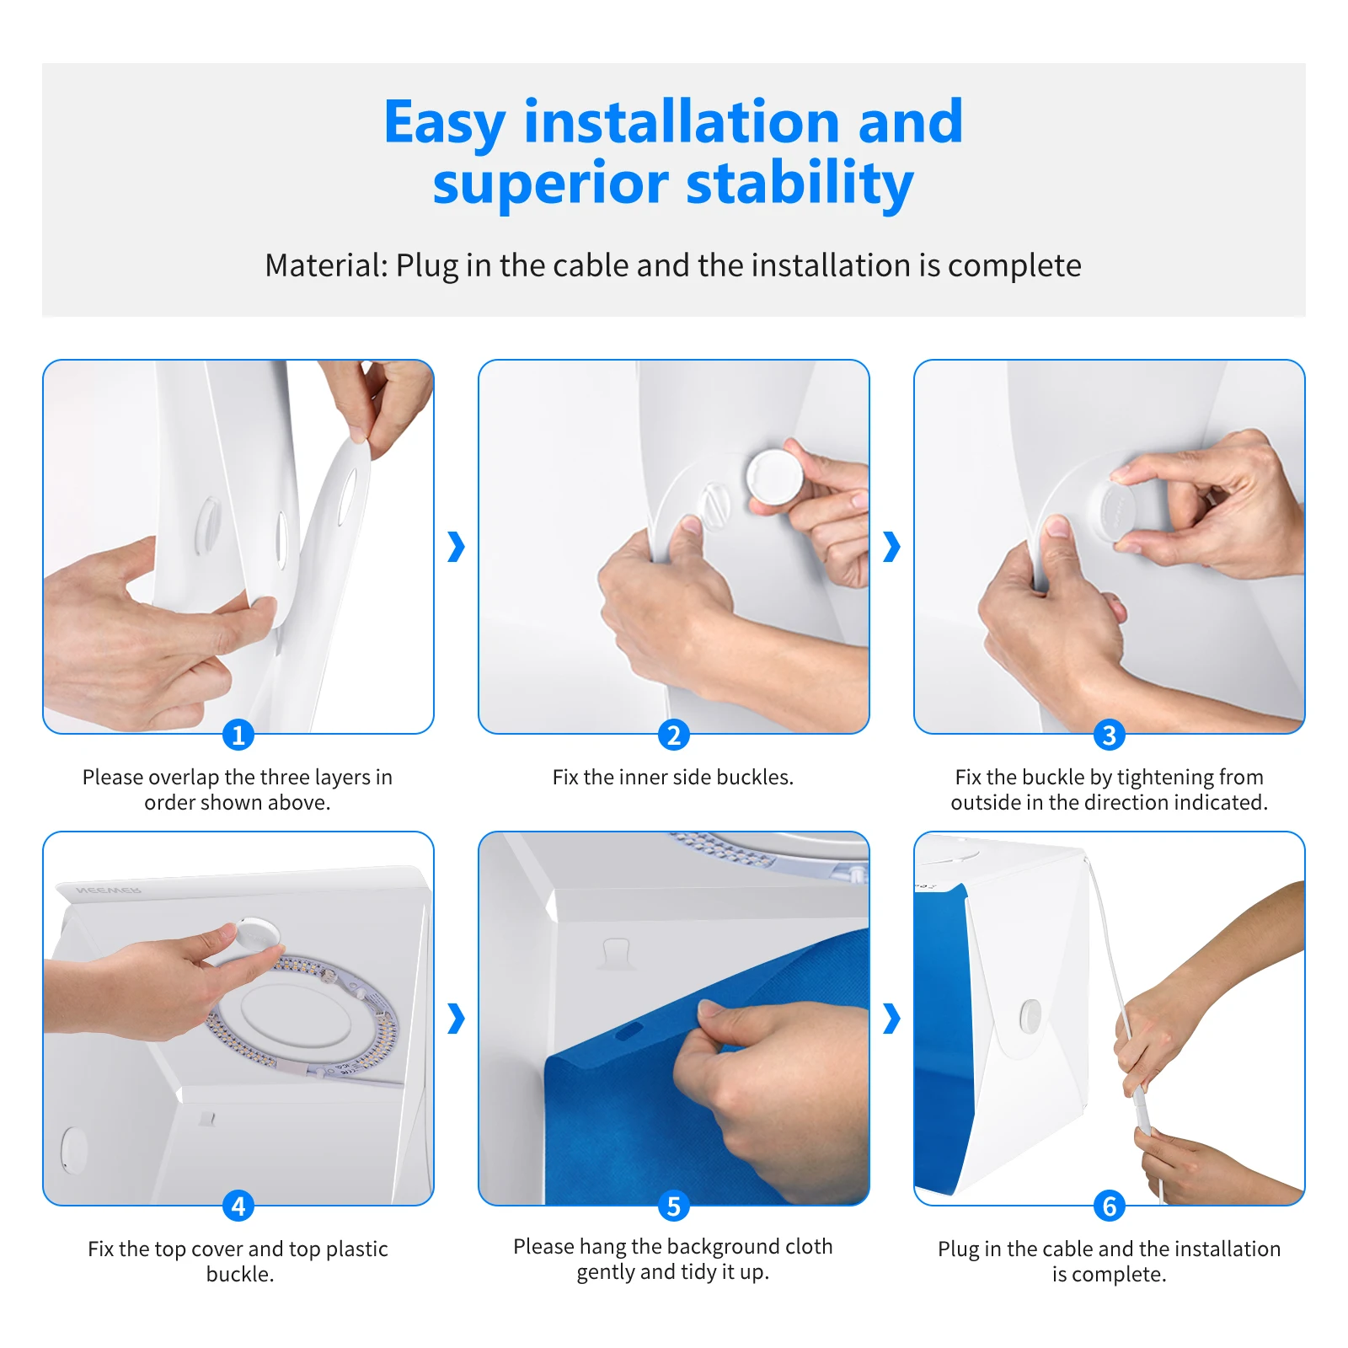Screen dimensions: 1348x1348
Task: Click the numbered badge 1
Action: pyautogui.click(x=238, y=735)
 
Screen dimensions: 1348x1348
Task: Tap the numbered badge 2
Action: pyautogui.click(x=674, y=735)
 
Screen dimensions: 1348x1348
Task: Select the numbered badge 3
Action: pyautogui.click(x=1110, y=735)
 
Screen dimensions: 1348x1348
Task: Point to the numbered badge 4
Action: pyautogui.click(x=238, y=1206)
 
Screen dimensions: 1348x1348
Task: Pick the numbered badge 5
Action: pyautogui.click(x=674, y=1206)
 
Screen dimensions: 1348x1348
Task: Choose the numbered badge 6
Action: pyautogui.click(x=1110, y=1206)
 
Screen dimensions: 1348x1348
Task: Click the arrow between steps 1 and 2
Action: pyautogui.click(x=456, y=547)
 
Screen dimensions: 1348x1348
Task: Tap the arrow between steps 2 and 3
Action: pyautogui.click(x=891, y=547)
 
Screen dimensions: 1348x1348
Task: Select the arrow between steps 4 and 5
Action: pyautogui.click(x=456, y=1018)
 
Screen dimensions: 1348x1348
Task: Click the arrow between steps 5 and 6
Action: pyautogui.click(x=891, y=1018)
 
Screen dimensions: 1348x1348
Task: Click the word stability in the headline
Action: pyautogui.click(x=800, y=185)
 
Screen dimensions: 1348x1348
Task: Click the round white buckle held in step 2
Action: pyautogui.click(x=775, y=477)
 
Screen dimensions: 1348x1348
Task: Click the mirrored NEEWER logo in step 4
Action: pyautogui.click(x=109, y=890)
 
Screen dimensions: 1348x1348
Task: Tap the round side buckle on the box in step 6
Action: pyautogui.click(x=1030, y=1016)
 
